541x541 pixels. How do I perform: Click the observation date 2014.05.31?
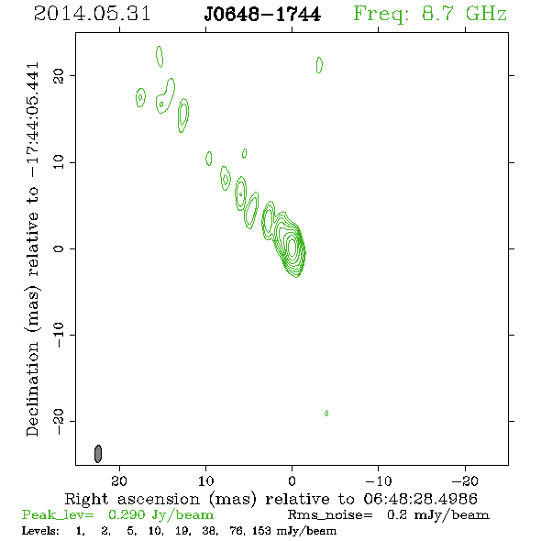92,14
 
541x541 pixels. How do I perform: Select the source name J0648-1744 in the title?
262,15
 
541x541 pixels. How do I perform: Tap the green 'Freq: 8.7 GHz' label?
430,15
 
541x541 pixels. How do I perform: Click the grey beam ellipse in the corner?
98,454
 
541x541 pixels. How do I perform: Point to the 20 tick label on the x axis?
119,481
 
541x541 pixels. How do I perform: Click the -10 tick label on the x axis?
379,481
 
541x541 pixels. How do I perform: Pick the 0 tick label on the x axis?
292,481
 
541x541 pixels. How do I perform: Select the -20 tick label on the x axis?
465,481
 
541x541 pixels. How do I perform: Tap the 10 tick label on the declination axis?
59,161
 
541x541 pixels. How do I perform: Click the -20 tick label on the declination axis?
59,421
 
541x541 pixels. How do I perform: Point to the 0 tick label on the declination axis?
59,248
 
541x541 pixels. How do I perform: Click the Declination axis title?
33,249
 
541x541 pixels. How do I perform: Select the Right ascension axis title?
270,500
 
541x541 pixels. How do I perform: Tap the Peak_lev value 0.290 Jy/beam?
160,515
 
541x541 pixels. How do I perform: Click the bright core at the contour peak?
293,247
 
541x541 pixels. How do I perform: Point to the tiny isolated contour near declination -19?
326,413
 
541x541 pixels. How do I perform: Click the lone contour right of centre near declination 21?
319,65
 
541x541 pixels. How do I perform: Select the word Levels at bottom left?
40,531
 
